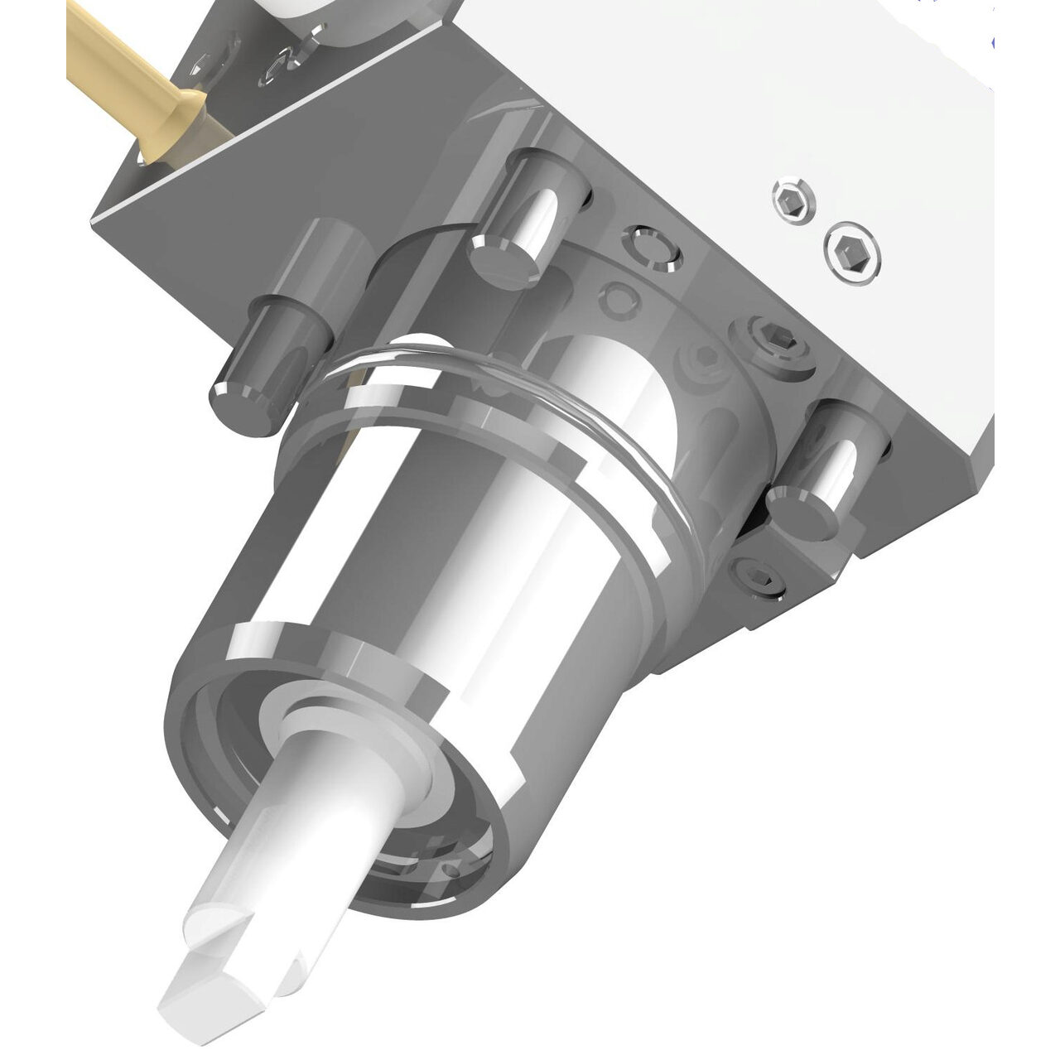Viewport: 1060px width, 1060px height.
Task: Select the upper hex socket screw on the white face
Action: (792, 199)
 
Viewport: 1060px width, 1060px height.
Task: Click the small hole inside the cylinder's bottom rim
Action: (450, 870)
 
